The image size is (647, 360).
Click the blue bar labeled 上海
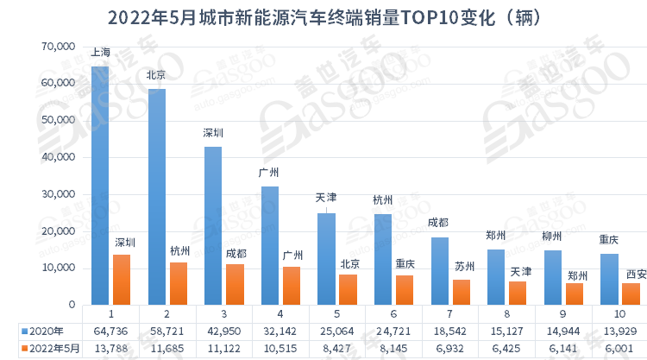point(100,186)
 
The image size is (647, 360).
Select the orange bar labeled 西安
point(631,294)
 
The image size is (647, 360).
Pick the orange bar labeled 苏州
point(462,293)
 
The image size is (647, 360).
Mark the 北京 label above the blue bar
point(156,75)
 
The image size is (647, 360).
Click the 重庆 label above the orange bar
point(405,262)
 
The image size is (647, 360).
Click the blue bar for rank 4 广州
point(269,246)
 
